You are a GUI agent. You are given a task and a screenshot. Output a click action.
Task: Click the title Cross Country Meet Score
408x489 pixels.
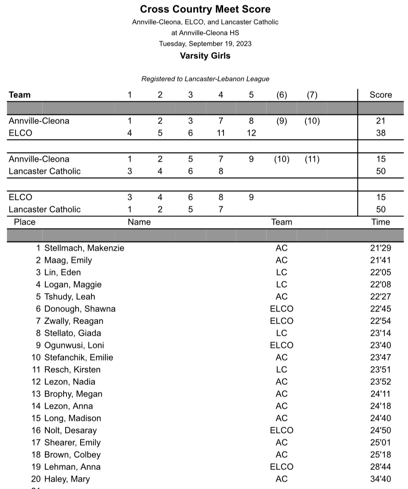[205, 9]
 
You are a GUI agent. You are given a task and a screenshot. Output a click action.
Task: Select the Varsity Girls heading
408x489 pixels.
[205, 56]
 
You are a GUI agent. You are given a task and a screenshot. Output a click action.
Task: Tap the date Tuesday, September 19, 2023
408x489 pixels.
[205, 44]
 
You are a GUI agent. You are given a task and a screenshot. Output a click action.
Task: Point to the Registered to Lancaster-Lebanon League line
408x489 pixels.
[205, 79]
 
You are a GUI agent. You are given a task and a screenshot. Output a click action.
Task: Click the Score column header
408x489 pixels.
[381, 95]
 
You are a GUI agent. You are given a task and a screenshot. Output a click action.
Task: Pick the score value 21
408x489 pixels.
[381, 121]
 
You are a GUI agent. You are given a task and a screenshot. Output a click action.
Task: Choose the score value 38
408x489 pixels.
[381, 133]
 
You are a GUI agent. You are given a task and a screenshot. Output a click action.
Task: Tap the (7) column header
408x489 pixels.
[312, 95]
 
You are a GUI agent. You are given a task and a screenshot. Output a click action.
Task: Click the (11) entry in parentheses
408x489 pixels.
[312, 159]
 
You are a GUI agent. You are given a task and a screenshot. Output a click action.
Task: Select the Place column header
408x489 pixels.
[25, 222]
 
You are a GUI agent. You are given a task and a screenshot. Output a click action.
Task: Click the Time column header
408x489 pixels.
[381, 222]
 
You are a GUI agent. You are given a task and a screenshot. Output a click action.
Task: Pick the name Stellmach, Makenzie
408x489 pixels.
[84, 248]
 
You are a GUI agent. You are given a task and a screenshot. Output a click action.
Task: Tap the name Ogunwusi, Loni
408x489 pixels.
[74, 345]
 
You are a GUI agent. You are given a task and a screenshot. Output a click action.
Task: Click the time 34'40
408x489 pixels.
[381, 479]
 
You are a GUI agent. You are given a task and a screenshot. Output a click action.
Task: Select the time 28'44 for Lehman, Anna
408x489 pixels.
[381, 467]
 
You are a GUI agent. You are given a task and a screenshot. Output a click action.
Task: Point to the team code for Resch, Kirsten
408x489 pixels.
[281, 370]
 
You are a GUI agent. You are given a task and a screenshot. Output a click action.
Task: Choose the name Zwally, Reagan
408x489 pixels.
[74, 321]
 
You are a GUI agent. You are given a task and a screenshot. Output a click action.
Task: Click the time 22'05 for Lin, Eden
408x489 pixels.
[381, 273]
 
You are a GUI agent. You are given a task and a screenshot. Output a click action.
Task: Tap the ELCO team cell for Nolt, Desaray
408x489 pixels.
[281, 430]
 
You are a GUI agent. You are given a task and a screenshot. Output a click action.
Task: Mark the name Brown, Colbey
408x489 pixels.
[72, 455]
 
